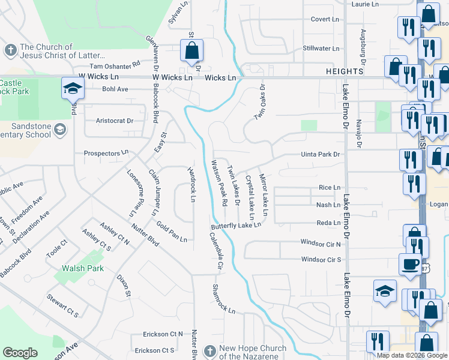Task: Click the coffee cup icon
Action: click(x=410, y=263)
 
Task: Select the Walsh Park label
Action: click(x=85, y=269)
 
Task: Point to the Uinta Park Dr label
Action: click(x=321, y=154)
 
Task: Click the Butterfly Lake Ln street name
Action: click(x=236, y=226)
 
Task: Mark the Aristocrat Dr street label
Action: click(x=115, y=121)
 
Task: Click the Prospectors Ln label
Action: click(x=106, y=154)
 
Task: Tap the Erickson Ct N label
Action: click(x=162, y=334)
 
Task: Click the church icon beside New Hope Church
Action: click(x=209, y=350)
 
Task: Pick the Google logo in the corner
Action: click(x=20, y=353)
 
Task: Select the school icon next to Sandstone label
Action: click(x=60, y=129)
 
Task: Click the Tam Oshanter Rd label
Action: click(x=115, y=66)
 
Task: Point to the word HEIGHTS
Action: click(x=345, y=71)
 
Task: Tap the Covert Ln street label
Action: click(x=325, y=19)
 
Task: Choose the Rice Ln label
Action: click(x=330, y=188)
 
